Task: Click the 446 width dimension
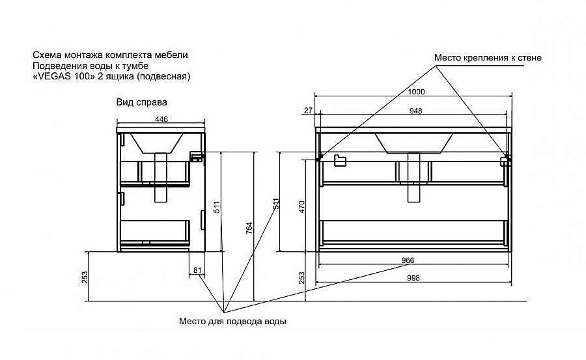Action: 161,119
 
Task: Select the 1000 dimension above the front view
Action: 416,92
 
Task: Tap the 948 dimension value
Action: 415,111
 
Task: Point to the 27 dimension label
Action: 308,111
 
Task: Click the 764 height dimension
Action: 249,228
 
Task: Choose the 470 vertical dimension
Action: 302,207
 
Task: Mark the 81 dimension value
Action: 197,270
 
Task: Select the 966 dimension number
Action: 408,260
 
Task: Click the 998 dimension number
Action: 413,278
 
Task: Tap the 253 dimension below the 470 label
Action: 302,277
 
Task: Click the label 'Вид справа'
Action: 142,102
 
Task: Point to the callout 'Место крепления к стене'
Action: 488,57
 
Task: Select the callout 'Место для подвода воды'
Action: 232,321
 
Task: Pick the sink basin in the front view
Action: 413,143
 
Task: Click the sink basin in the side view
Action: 156,143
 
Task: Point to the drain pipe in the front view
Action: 413,178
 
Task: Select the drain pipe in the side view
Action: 161,177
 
